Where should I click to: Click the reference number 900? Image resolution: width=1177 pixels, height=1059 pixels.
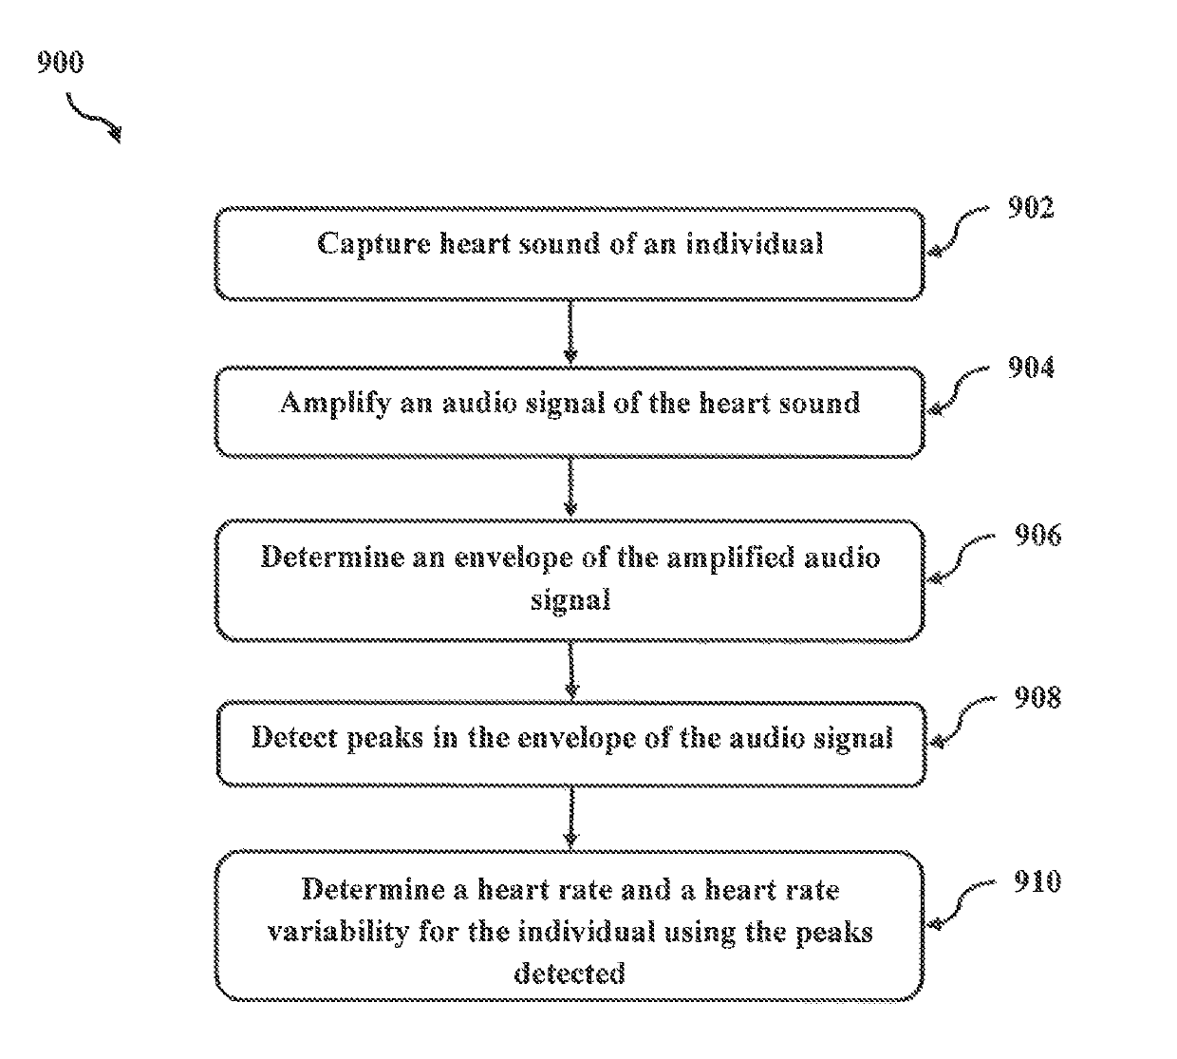[x=61, y=62]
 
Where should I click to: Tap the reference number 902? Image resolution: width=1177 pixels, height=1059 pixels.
[x=1031, y=207]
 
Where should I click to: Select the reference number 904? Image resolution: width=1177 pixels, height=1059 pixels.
[x=1031, y=368]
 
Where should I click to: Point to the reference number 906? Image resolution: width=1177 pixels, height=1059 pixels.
[x=1037, y=535]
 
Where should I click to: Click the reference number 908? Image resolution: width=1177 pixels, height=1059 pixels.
[x=1037, y=697]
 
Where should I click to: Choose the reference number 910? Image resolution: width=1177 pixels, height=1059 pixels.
[x=1037, y=881]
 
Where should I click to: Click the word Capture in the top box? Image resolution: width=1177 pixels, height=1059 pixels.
[x=374, y=244]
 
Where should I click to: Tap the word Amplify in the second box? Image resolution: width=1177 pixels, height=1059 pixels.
[x=335, y=405]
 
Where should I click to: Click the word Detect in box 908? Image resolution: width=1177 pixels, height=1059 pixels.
[x=294, y=738]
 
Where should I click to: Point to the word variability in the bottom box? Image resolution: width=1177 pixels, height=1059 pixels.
[x=338, y=932]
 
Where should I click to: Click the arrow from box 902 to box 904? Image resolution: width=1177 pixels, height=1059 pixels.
[x=570, y=331]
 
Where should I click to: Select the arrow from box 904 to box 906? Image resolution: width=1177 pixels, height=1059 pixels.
[x=570, y=487]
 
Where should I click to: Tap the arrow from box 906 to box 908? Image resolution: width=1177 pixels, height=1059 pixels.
[x=571, y=671]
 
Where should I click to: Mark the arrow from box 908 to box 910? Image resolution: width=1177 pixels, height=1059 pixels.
[x=570, y=817]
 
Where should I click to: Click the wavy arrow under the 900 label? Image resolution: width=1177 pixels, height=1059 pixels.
[x=94, y=118]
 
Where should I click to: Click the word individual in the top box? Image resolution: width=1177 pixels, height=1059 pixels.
[x=755, y=243]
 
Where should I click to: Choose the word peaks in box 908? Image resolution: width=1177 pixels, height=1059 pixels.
[x=385, y=739]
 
